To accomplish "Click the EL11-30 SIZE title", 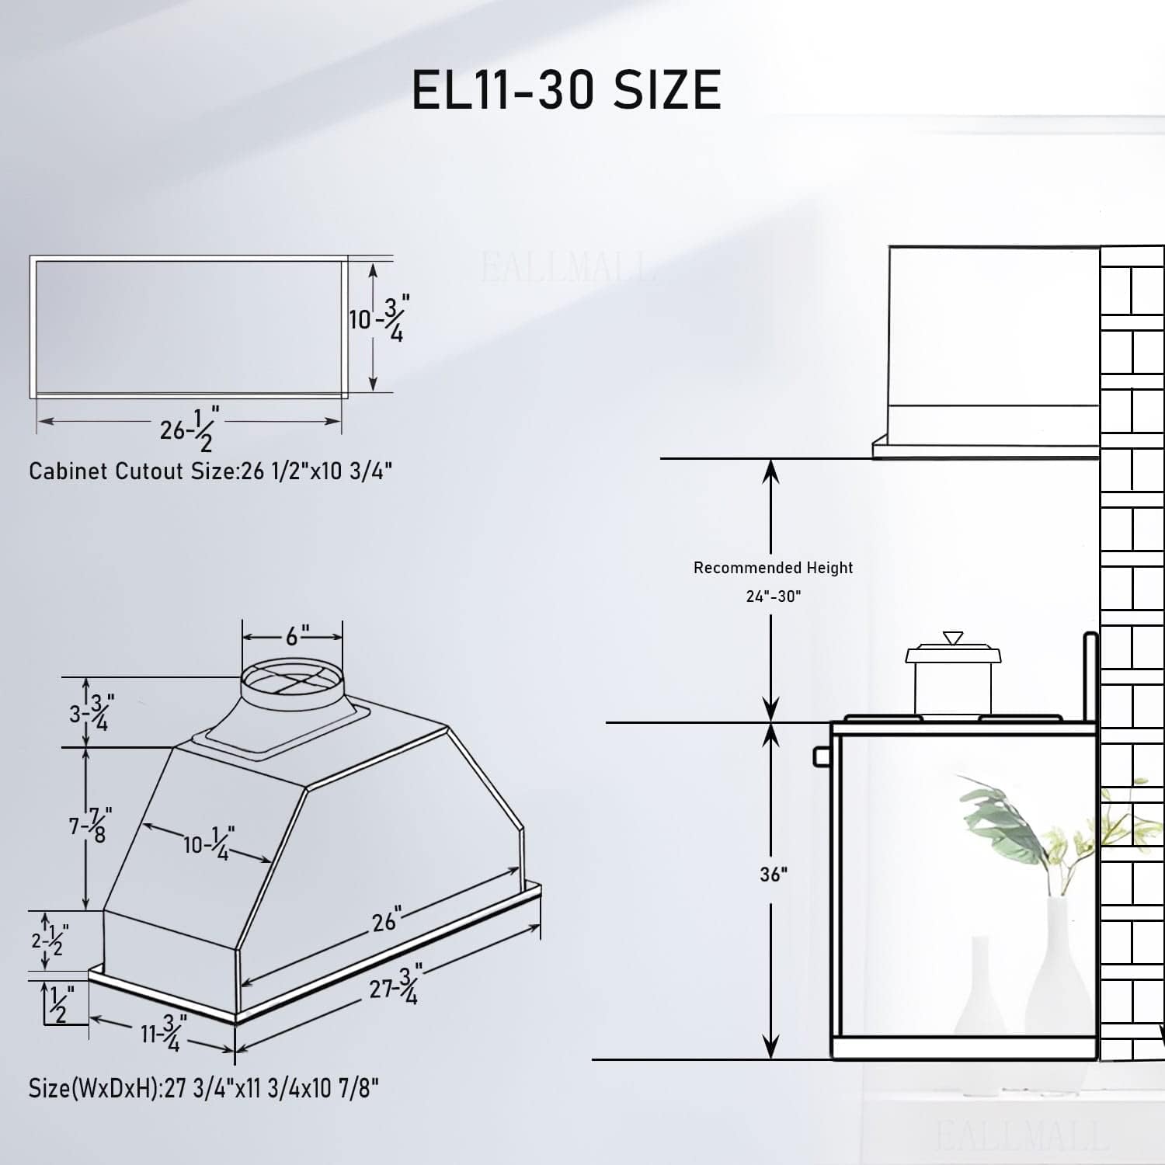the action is point(566,89).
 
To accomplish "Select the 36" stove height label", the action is point(774,874).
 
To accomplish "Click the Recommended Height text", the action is point(773,568).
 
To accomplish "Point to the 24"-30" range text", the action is point(774,596).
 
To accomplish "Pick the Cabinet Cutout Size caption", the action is point(210,471).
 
